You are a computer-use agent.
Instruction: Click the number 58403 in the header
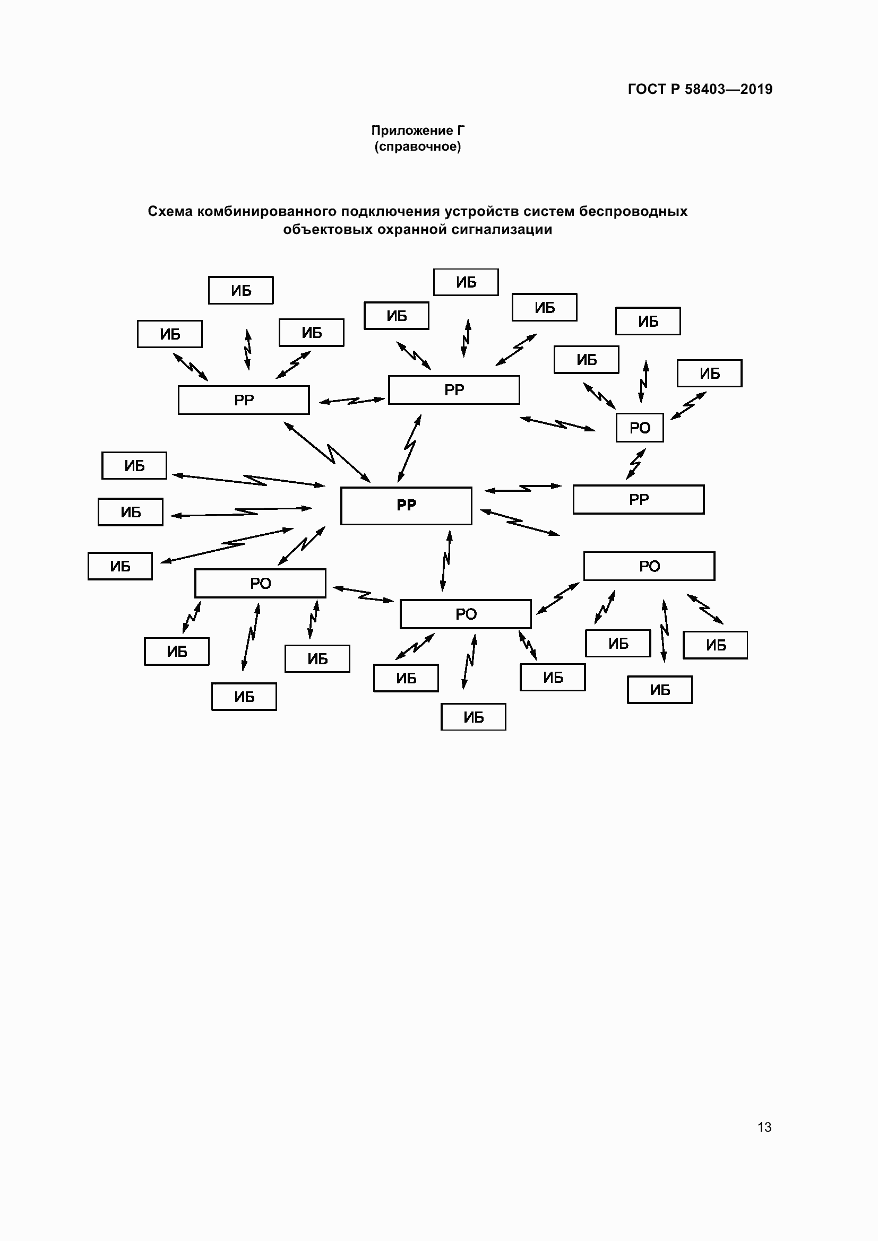[704, 89]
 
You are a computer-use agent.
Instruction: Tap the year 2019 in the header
[756, 89]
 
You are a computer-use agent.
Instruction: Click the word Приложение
[412, 131]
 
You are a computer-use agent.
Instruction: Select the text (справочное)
[417, 146]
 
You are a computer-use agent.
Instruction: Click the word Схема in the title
[170, 211]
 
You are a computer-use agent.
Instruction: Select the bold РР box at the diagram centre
[406, 506]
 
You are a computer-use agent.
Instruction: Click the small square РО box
[640, 428]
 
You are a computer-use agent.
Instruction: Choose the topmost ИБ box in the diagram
[466, 282]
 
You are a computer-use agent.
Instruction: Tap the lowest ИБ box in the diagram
[474, 717]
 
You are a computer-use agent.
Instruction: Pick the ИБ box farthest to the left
[120, 567]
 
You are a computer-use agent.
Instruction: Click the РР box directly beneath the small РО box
[639, 499]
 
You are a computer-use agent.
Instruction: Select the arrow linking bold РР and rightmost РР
[523, 488]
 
